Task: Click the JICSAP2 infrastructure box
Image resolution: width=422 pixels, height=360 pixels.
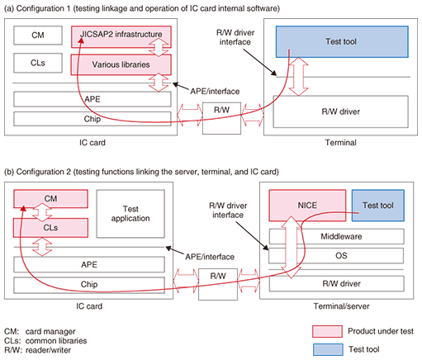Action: [121, 37]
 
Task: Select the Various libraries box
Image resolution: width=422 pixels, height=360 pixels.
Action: [121, 64]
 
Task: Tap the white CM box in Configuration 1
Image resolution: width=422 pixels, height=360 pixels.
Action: [38, 36]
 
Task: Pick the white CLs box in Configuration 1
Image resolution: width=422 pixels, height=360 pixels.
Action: [38, 63]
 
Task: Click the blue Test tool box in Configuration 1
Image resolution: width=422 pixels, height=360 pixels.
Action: [342, 41]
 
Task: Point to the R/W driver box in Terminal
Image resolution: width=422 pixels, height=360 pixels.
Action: [340, 111]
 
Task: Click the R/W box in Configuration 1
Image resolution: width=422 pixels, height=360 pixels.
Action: [221, 118]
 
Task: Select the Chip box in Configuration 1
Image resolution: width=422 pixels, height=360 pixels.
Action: [92, 119]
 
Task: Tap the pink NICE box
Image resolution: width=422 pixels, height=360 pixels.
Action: [307, 206]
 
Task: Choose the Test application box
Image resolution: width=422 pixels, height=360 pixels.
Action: [130, 214]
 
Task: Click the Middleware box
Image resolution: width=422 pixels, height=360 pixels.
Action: [336, 236]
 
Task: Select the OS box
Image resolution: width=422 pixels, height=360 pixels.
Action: [336, 256]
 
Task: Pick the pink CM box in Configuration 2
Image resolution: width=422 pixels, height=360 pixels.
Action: [50, 199]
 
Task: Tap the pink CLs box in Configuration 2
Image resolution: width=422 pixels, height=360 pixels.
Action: [50, 228]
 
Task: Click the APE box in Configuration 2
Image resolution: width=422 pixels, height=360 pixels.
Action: [89, 265]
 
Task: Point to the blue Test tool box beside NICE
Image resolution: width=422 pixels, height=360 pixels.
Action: [378, 206]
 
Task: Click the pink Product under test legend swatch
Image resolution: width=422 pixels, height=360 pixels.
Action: [327, 331]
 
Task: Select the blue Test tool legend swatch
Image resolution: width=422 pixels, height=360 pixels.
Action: [328, 349]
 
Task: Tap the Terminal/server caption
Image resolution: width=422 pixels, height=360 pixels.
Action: [341, 306]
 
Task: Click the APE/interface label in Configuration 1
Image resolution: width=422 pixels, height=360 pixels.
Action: [215, 92]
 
